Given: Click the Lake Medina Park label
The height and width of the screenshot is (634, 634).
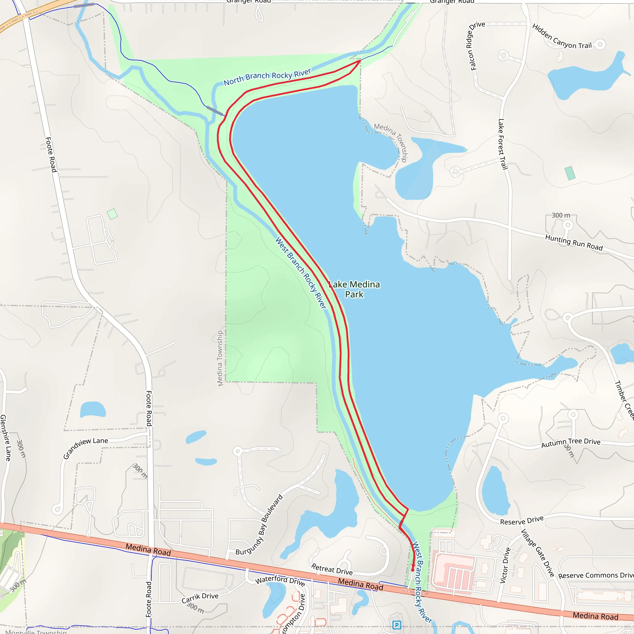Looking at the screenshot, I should (x=354, y=289).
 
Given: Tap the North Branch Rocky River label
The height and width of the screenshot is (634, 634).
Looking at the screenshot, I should (x=267, y=77).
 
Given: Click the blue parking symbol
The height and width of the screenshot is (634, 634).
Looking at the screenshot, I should (x=397, y=624).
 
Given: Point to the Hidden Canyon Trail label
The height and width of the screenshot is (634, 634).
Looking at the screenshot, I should (x=562, y=37).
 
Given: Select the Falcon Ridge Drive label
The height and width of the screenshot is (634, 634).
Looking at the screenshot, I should (x=476, y=46).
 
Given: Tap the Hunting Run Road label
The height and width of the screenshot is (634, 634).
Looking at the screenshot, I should (x=574, y=242).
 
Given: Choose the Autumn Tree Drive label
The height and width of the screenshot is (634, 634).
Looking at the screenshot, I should (x=571, y=443).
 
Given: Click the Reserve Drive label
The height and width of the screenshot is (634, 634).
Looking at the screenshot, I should (x=522, y=520).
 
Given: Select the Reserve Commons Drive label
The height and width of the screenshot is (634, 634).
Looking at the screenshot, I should (x=596, y=575).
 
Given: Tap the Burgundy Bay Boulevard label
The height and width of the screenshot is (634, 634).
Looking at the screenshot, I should (x=259, y=525).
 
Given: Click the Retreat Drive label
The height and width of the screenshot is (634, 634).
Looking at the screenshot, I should (x=332, y=569).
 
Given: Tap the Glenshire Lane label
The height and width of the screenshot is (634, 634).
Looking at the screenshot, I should (x=6, y=438).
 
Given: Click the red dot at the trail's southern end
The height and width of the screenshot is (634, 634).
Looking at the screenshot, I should (x=412, y=570).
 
